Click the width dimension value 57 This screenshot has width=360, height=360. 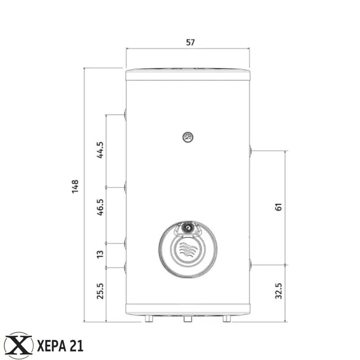tap(190, 42)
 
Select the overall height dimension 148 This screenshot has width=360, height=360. tap(75, 187)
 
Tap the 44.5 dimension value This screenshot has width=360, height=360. tap(100, 150)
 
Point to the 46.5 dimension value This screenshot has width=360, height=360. tap(100, 207)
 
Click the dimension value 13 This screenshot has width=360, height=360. tap(100, 254)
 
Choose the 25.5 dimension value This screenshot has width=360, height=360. tap(100, 291)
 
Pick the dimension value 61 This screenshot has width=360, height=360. tap(279, 207)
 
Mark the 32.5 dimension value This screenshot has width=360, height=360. tap(279, 291)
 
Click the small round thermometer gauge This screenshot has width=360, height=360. tap(188, 137)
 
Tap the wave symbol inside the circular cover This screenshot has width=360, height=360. tap(188, 249)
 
